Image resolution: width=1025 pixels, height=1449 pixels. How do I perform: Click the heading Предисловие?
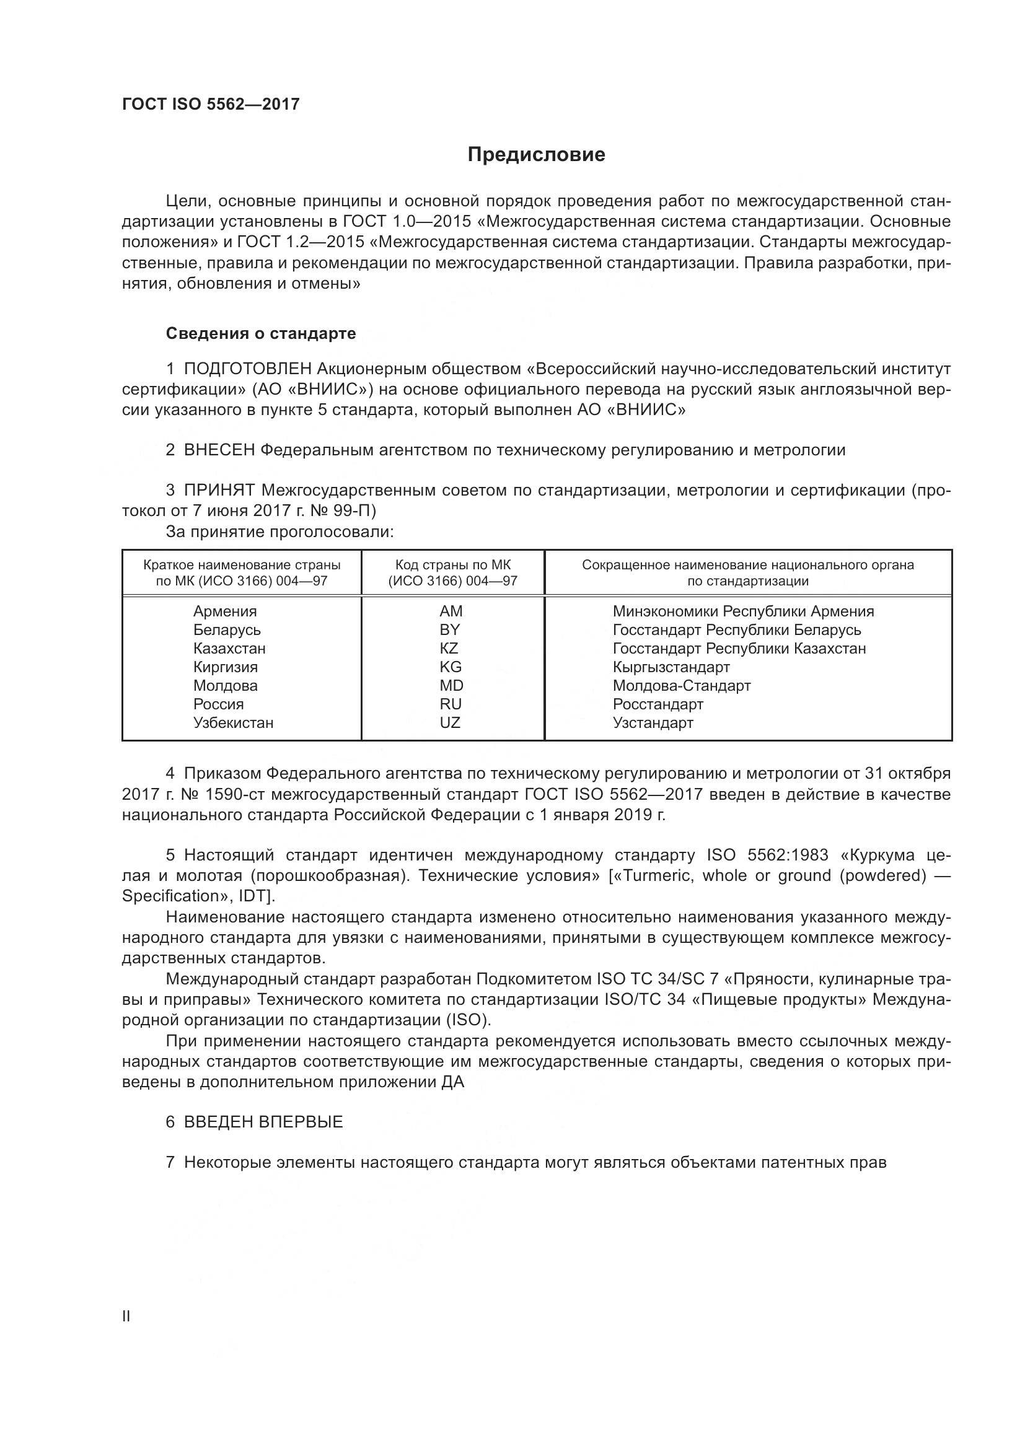pyautogui.click(x=536, y=155)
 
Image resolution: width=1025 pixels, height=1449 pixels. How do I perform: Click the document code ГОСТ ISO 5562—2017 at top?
pyautogui.click(x=210, y=104)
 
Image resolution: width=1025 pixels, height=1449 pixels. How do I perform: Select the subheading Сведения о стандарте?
pyautogui.click(x=261, y=333)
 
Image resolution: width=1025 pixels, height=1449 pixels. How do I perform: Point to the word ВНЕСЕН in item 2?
pyautogui.click(x=219, y=450)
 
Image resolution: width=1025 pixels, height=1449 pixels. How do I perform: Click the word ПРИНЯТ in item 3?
pyautogui.click(x=219, y=491)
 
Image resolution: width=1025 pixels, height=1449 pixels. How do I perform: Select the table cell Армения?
pyautogui.click(x=225, y=611)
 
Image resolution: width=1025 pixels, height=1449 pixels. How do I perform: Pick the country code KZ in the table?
pyautogui.click(x=449, y=648)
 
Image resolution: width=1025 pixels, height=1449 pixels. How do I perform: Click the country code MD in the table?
pyautogui.click(x=451, y=685)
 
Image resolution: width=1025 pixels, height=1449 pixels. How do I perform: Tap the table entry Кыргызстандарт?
pyautogui.click(x=671, y=667)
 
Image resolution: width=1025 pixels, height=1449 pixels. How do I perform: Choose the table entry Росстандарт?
pyautogui.click(x=658, y=704)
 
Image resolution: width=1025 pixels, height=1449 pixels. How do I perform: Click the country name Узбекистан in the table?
pyautogui.click(x=233, y=722)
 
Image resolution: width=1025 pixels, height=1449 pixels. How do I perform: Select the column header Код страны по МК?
pyautogui.click(x=452, y=565)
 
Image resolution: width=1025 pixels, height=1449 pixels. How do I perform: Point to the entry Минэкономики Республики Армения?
pyautogui.click(x=743, y=611)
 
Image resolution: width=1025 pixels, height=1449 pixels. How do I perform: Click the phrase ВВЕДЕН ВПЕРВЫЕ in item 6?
pyautogui.click(x=263, y=1121)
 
